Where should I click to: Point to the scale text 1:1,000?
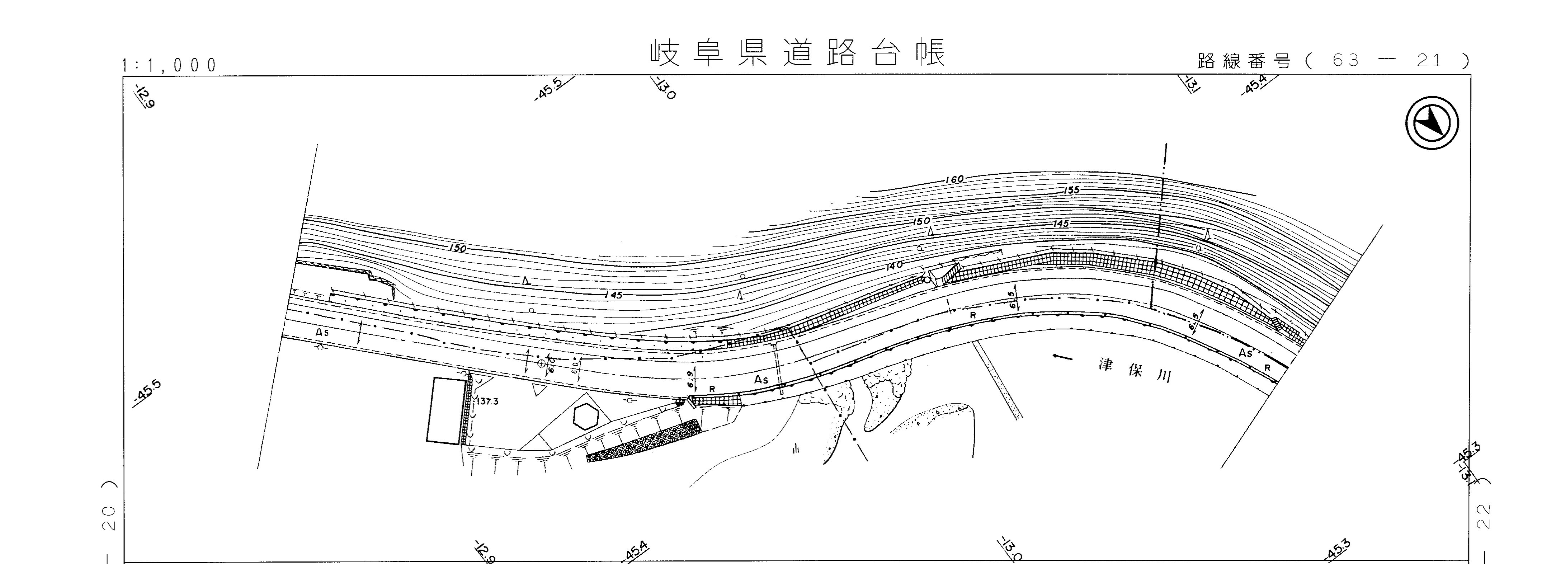pyautogui.click(x=169, y=65)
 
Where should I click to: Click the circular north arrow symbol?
pyautogui.click(x=1431, y=123)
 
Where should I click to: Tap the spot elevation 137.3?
pyautogui.click(x=488, y=402)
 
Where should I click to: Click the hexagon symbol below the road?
pyautogui.click(x=585, y=416)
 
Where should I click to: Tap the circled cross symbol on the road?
pyautogui.click(x=541, y=363)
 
